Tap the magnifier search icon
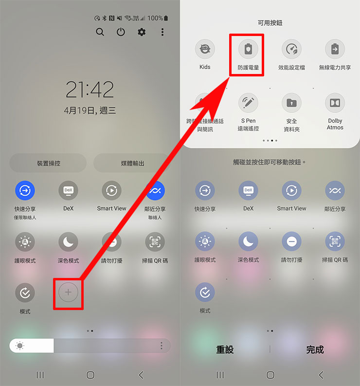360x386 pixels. click(x=100, y=32)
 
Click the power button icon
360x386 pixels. click(x=121, y=32)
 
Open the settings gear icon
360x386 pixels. click(x=142, y=32)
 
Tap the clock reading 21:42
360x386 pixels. click(x=90, y=90)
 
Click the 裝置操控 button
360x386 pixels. click(x=48, y=163)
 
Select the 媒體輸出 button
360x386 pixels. click(x=132, y=163)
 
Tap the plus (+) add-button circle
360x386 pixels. click(x=68, y=292)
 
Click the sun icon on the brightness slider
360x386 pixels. click(x=20, y=346)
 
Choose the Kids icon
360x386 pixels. click(x=205, y=49)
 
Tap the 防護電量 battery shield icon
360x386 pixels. click(x=248, y=49)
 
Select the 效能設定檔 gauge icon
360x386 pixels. click(x=291, y=49)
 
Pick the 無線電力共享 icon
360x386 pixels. click(x=335, y=49)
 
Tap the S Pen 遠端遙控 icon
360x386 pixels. click(x=248, y=103)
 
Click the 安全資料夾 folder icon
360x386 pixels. click(x=291, y=103)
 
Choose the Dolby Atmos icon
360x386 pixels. click(x=335, y=103)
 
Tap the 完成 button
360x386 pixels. click(x=315, y=349)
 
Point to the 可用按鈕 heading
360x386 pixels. click(x=270, y=23)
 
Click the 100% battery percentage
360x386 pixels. click(x=155, y=18)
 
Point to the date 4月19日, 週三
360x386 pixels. click(x=90, y=110)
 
